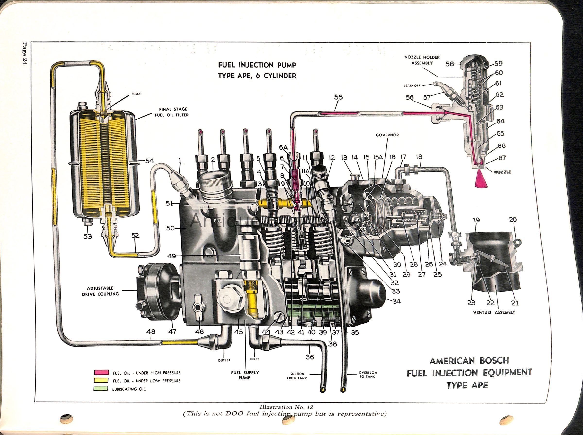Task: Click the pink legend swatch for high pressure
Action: (x=101, y=372)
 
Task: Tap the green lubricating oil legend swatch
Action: (x=101, y=388)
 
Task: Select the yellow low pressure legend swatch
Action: (x=101, y=380)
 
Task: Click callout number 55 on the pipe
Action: (x=338, y=97)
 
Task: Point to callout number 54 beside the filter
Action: (x=149, y=161)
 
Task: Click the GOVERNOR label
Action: (x=387, y=135)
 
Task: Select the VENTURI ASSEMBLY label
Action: (x=494, y=312)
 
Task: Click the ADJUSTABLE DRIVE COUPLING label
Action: (x=100, y=291)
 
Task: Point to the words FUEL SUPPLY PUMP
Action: (x=245, y=375)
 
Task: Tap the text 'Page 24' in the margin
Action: (x=25, y=53)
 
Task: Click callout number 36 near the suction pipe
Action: (x=310, y=357)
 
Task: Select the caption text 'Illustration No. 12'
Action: (x=286, y=407)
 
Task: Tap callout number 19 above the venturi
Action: (x=476, y=220)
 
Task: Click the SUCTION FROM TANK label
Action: (x=297, y=376)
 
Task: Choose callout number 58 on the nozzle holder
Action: (x=450, y=64)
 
